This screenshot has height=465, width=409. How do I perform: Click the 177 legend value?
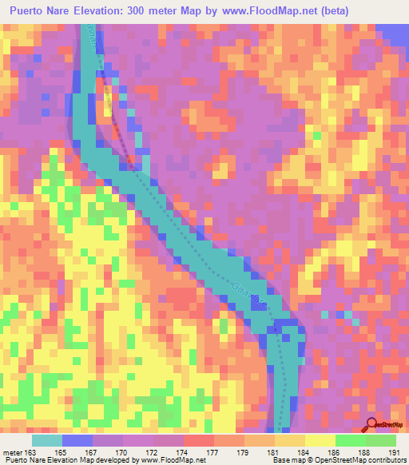212,453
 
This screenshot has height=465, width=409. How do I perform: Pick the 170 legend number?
121,453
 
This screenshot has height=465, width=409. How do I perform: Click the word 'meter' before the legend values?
13,453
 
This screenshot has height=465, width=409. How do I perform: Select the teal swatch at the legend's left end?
47,440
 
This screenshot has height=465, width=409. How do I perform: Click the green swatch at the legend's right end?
380,440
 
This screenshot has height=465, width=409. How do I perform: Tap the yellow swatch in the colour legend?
320,440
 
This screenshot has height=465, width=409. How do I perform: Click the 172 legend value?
152,453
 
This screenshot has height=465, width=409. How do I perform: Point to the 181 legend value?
273,453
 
